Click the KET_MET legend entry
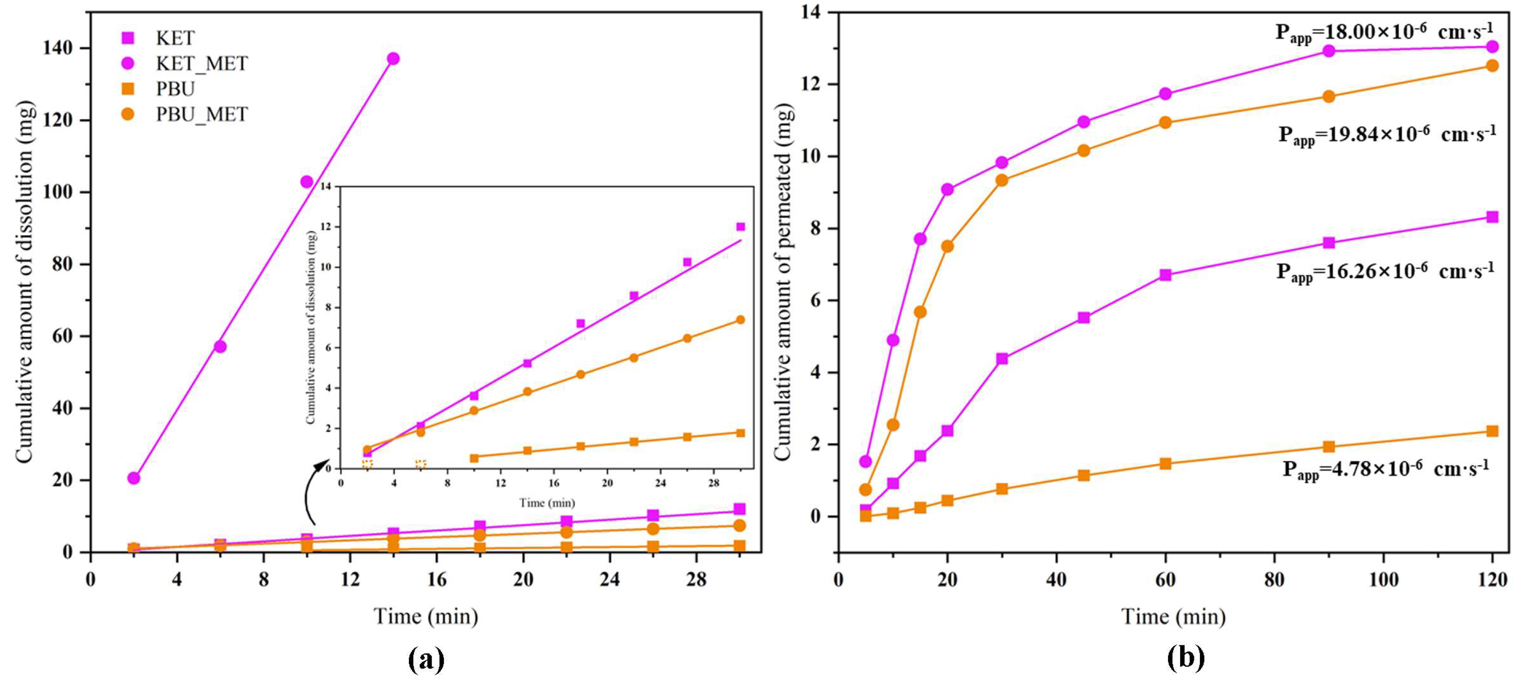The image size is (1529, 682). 201,63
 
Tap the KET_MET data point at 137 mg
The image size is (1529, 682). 393,59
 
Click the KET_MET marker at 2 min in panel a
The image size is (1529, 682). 133,478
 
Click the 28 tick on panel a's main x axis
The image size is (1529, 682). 696,579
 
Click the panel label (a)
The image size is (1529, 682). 426,659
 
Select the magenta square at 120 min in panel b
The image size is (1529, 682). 1492,217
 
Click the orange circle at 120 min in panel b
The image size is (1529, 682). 1492,66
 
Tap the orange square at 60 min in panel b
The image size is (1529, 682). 1165,464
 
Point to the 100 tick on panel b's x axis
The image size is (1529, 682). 1383,579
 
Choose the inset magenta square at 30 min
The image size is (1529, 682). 740,227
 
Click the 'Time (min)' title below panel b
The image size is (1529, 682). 1173,617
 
